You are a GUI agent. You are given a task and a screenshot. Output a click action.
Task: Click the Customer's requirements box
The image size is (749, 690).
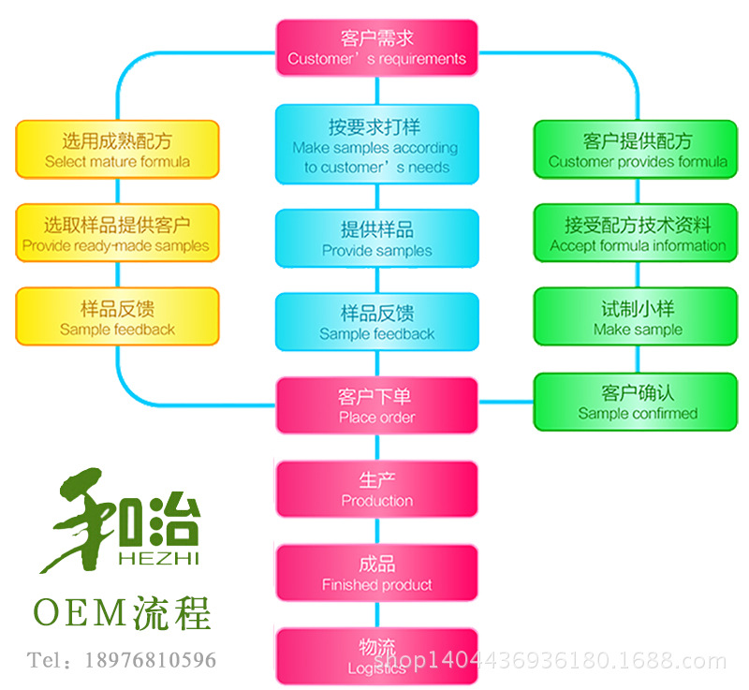(x=376, y=49)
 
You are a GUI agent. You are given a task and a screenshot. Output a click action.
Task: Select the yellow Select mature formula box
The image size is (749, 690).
(x=117, y=151)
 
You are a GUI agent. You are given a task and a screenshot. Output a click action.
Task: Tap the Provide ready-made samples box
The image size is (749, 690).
(x=117, y=234)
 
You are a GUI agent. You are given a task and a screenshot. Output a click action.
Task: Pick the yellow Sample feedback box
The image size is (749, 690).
(x=117, y=317)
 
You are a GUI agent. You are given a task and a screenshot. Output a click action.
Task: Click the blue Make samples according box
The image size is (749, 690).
(x=376, y=145)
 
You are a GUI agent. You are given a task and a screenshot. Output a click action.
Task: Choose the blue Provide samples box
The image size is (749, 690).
(x=376, y=239)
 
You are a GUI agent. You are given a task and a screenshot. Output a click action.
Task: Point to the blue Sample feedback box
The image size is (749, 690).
(x=376, y=323)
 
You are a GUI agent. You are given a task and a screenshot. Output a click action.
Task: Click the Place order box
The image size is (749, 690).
(x=376, y=406)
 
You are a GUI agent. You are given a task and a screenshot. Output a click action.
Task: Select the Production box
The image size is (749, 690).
(x=376, y=490)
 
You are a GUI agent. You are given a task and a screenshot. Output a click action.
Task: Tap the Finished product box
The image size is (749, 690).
(x=376, y=574)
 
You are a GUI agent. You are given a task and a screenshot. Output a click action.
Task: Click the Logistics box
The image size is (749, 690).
(x=376, y=657)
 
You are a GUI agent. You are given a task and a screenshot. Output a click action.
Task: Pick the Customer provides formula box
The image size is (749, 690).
(x=637, y=150)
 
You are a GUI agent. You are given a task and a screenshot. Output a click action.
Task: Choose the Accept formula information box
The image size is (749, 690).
(x=637, y=234)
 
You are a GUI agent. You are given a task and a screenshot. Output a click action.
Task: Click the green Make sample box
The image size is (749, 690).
(x=637, y=317)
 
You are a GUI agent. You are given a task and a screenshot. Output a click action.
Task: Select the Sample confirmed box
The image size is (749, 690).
(x=637, y=402)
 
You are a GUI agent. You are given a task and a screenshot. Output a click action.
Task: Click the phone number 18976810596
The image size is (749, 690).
(x=150, y=660)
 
